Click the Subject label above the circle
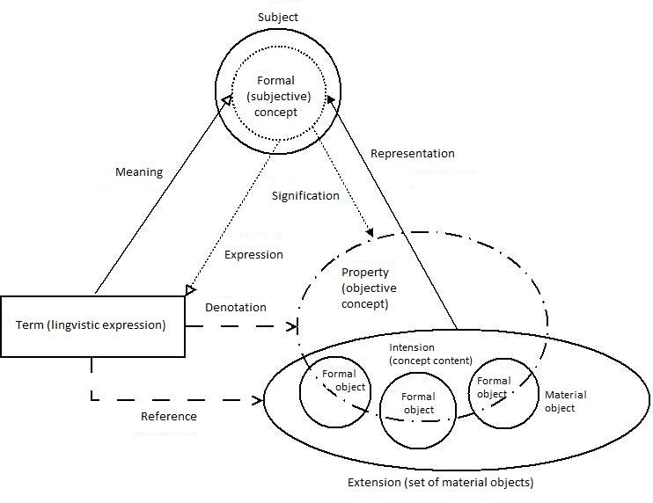277,17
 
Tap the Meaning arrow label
139,172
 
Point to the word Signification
305,195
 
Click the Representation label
412,154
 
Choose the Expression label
253,255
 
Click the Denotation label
235,308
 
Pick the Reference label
169,416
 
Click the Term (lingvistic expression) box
92,325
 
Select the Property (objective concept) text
369,288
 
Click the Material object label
566,401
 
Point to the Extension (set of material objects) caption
440,482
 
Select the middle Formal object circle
418,411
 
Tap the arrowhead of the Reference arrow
260,401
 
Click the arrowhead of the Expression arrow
192,290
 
